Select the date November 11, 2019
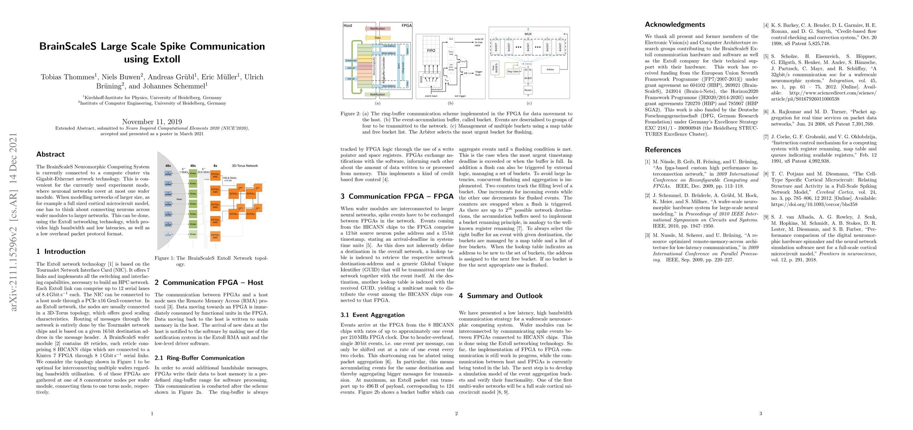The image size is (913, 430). coord(152,121)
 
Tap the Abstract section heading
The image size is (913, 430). coord(50,154)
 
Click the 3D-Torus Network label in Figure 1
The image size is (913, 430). coord(244,166)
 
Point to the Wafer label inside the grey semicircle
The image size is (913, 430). coord(179,199)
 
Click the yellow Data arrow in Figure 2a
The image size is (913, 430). coord(378,38)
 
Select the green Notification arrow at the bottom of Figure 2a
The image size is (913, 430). coord(377,95)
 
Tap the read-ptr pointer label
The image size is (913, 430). coord(351,67)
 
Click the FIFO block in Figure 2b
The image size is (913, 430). coord(431,51)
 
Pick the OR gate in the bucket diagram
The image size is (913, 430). coord(465,73)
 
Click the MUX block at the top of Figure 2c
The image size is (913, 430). coord(528,34)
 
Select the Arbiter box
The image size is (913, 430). coord(550,70)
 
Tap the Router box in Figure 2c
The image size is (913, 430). coord(528,90)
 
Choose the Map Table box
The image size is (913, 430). coord(513,72)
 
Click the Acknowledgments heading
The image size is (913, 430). coord(675,25)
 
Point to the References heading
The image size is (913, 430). coord(662,150)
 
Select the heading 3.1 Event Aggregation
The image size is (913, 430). coord(373,315)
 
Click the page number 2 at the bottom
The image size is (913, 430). coord(456,414)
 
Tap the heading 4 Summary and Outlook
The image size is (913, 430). coord(501,296)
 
